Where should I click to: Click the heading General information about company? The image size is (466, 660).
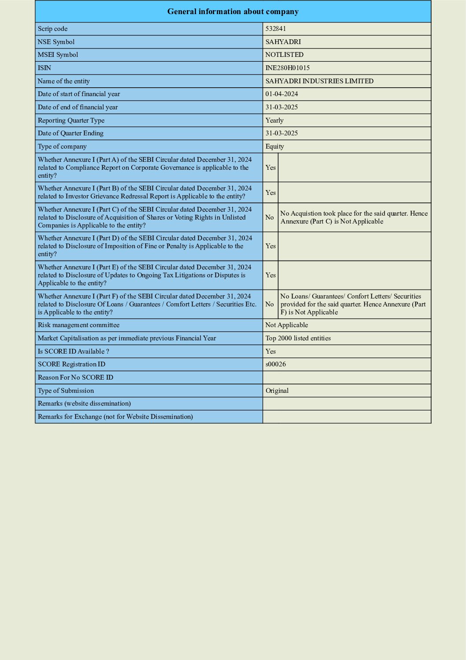click(233, 11)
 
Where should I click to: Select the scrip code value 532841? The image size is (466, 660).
click(276, 29)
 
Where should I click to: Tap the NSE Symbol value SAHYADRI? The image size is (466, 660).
click(283, 42)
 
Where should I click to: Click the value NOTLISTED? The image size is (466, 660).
click(284, 55)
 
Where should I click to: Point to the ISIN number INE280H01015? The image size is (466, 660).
click(287, 68)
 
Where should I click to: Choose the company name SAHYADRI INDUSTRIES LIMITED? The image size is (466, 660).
click(319, 81)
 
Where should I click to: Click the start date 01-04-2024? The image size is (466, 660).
click(281, 94)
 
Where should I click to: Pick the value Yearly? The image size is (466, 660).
click(274, 120)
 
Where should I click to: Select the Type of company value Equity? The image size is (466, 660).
click(274, 146)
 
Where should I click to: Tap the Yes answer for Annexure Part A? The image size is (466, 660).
click(270, 168)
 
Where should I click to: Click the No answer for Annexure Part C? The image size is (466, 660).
click(270, 217)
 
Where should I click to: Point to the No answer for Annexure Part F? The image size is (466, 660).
click(270, 304)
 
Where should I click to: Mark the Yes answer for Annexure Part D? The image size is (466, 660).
click(270, 246)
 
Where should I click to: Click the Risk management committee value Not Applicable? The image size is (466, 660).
click(286, 325)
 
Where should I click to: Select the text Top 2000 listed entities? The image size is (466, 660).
click(298, 338)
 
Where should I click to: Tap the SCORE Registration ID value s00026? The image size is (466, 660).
click(276, 364)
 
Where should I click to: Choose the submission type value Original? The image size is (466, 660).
click(277, 391)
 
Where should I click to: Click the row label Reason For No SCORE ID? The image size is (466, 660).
click(75, 377)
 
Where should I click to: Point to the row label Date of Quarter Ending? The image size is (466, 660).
click(70, 133)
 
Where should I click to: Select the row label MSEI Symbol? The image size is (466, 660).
click(58, 55)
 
